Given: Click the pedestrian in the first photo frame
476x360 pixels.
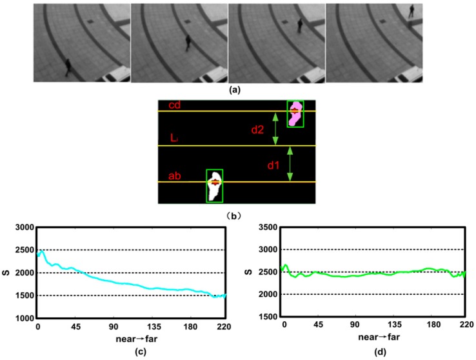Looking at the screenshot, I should point(67,66).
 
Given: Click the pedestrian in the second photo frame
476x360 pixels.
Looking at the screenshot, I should point(188,43).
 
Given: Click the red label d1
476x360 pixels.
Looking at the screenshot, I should point(273,165).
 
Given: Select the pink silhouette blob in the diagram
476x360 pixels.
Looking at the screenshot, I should point(295,113).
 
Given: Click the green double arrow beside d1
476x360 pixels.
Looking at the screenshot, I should point(290,164).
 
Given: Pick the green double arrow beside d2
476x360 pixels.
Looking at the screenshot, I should point(275,128).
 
